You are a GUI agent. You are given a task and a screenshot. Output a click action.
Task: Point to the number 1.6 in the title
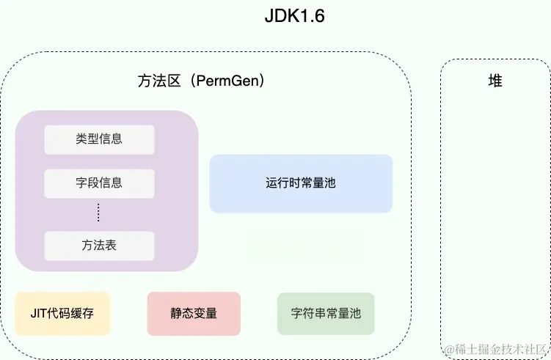click(x=311, y=17)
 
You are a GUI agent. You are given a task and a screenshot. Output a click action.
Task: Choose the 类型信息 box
click(x=99, y=139)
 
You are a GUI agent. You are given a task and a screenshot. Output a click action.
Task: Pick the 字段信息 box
click(x=99, y=183)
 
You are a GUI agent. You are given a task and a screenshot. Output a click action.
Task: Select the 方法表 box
click(x=99, y=246)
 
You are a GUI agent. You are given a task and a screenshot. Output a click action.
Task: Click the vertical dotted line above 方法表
click(x=99, y=213)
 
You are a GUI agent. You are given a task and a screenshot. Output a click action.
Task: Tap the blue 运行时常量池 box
click(x=301, y=183)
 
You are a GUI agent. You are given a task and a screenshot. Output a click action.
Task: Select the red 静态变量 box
click(x=194, y=314)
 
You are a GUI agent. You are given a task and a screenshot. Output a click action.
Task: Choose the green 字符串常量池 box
click(x=326, y=314)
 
